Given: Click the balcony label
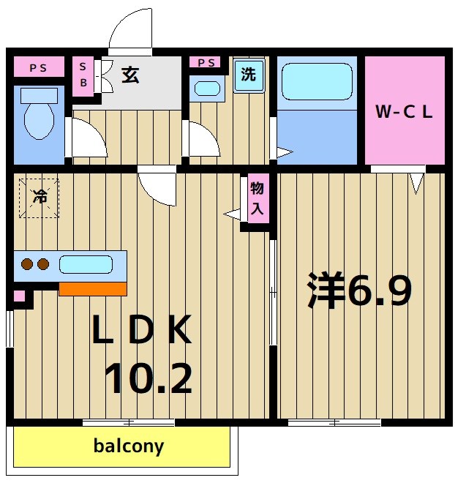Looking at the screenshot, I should point(129,446).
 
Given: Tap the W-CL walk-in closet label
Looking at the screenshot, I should point(405,112).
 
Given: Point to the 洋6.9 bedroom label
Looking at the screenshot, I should point(359,291).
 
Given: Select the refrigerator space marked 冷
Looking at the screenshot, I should point(38,196).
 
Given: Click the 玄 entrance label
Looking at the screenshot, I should point(130,75).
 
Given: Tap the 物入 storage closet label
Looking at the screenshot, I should point(257,198).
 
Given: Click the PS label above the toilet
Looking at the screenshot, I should point(38,68).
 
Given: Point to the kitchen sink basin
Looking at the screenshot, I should point(86,264).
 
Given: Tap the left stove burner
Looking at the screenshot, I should point(27,265).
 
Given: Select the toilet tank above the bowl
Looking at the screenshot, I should point(38,95).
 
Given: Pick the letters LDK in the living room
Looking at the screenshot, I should point(141,331).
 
